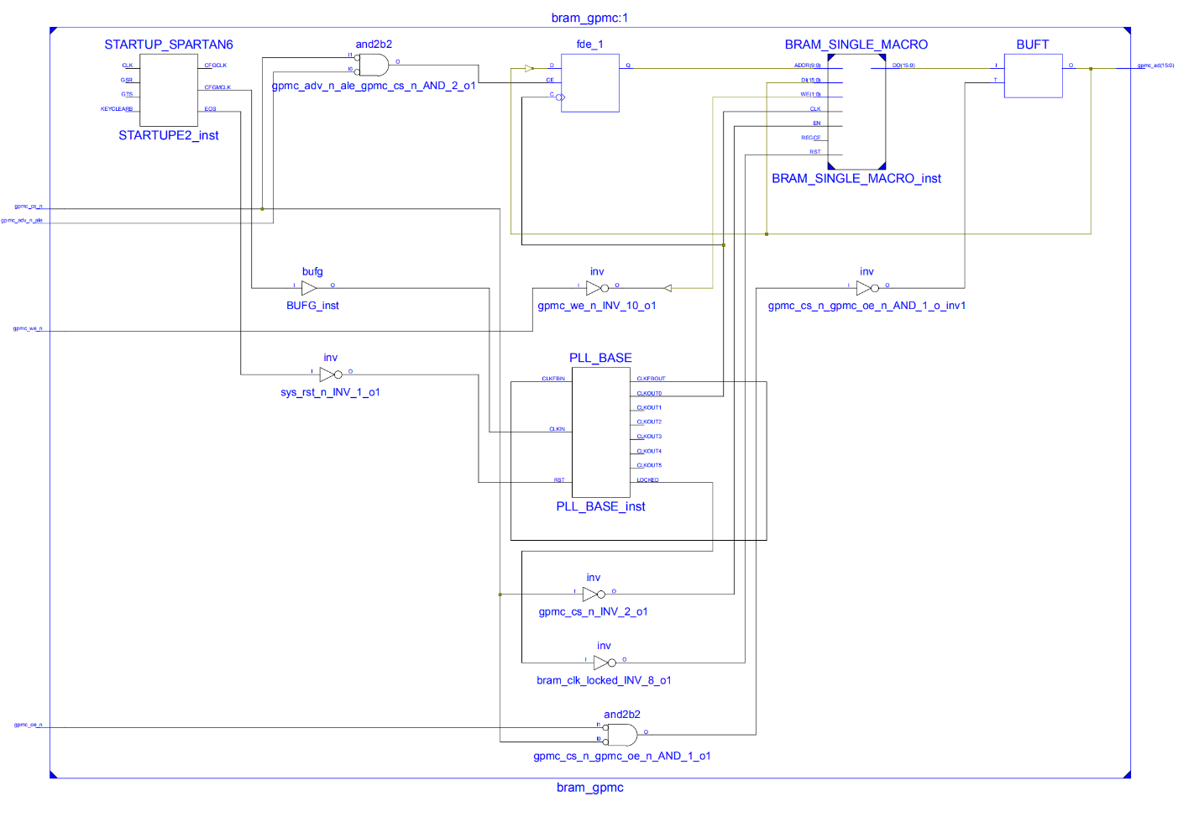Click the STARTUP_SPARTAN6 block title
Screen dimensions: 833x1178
tap(168, 45)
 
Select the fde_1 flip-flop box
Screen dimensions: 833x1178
tap(589, 83)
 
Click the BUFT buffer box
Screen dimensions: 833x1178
tap(1033, 76)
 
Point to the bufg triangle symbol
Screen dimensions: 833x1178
tap(308, 288)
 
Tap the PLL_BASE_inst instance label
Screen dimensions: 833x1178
tap(600, 506)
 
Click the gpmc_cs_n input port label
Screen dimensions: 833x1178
tap(28, 206)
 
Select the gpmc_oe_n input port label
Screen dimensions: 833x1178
tap(28, 725)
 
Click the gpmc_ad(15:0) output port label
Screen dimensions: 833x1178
tap(1155, 65)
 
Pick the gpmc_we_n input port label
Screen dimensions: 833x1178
tap(28, 328)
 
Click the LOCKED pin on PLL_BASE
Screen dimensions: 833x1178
tap(647, 479)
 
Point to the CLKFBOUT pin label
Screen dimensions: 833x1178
tap(651, 379)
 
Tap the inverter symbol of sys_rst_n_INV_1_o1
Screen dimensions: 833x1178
tap(330, 375)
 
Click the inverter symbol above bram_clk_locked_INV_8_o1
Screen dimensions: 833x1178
tap(604, 663)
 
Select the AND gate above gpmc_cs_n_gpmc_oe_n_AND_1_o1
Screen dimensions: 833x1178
tap(621, 735)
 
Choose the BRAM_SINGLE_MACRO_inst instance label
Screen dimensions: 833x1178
tap(856, 179)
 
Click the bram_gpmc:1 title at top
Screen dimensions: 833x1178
tap(589, 18)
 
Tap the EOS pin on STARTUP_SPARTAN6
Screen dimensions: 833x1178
tap(210, 109)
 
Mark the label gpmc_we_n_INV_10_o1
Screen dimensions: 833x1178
tap(596, 306)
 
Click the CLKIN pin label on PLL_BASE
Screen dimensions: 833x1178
tap(557, 429)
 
